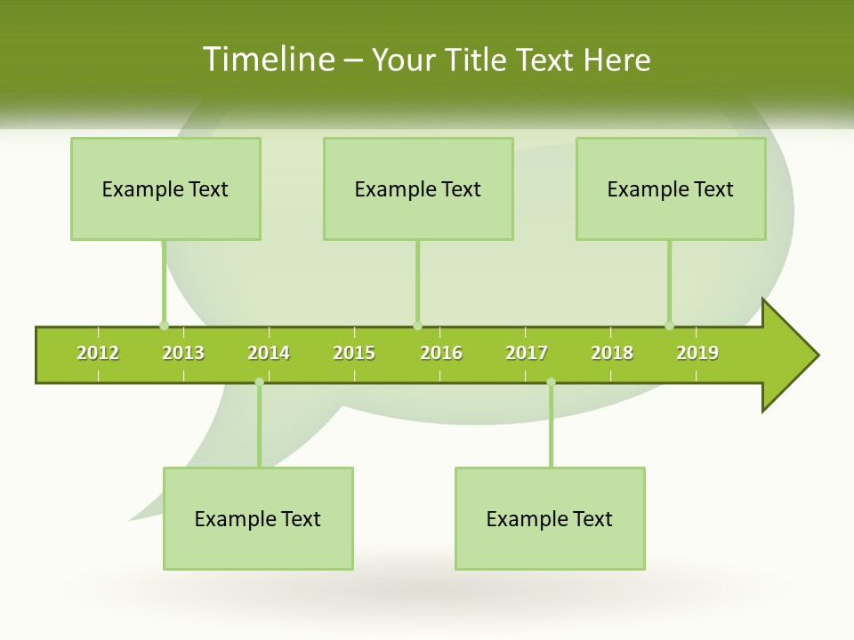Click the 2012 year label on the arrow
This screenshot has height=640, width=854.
(98, 353)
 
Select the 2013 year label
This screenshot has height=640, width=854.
(183, 353)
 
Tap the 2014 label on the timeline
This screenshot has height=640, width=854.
(269, 353)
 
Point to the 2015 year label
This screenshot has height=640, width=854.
(354, 353)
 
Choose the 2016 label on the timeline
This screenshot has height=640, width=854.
(441, 353)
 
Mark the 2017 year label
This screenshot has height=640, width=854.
(527, 353)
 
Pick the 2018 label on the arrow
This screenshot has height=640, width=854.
(612, 353)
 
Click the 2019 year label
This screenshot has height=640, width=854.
(697, 353)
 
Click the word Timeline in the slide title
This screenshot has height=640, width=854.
(268, 60)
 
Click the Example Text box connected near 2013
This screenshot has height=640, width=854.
(165, 188)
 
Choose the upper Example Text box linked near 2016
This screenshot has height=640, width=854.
(418, 188)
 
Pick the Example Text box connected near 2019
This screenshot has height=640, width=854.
(671, 188)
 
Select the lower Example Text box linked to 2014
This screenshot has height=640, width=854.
(258, 518)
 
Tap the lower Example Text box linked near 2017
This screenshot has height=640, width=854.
(550, 518)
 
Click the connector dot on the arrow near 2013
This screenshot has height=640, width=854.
(164, 325)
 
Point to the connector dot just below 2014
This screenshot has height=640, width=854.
(259, 382)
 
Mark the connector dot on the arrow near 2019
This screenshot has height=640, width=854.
(669, 325)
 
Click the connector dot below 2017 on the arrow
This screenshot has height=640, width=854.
(551, 382)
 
